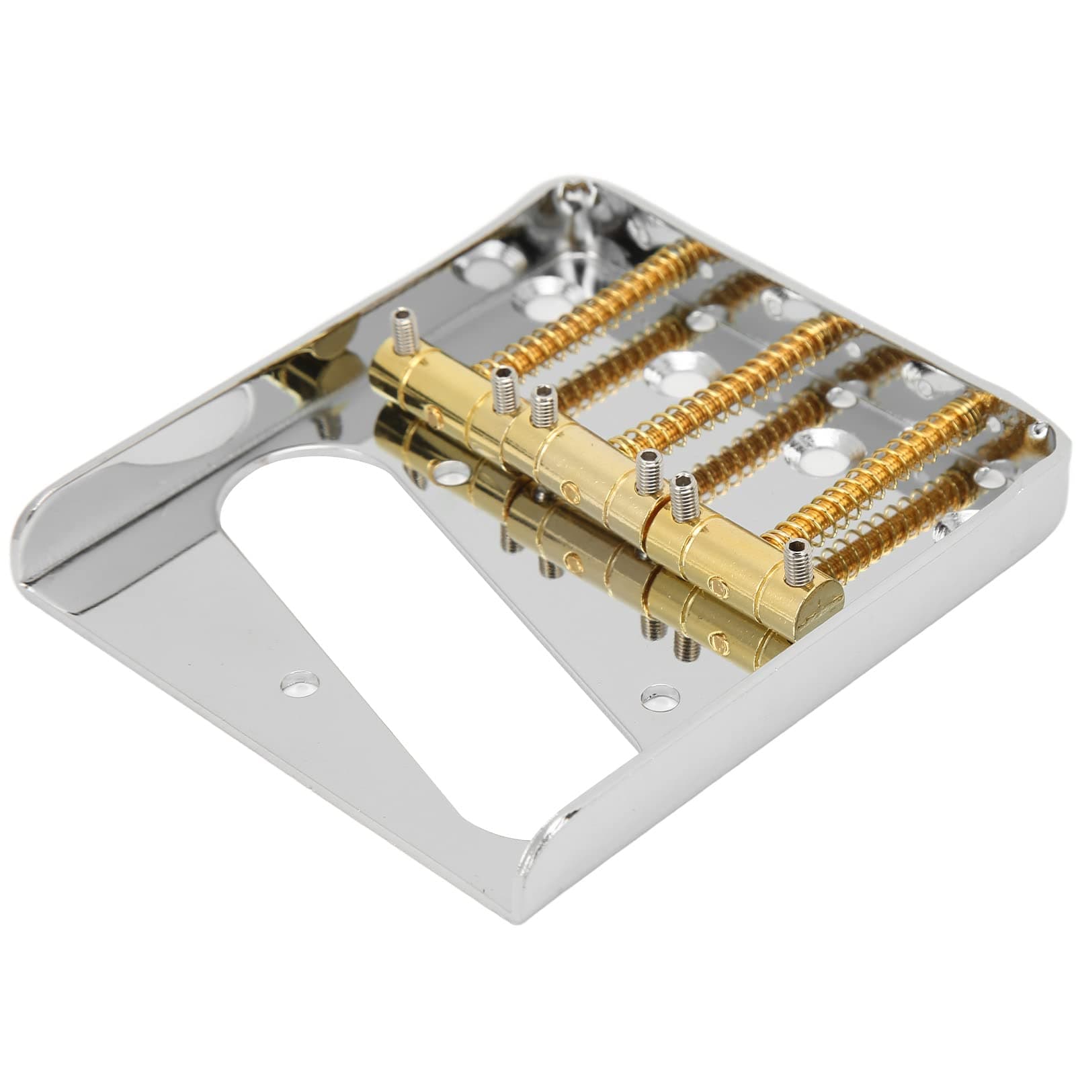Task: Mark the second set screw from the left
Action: coord(503,384)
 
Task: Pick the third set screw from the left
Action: coord(540,403)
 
